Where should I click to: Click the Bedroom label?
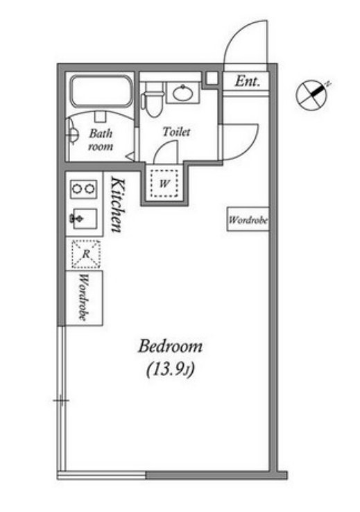coord(170,346)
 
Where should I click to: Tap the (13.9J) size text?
coord(170,370)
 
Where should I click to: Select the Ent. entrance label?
coord(248,81)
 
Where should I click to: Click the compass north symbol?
coord(312,94)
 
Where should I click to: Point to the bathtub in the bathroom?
coord(101,92)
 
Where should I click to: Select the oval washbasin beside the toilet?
coord(182,93)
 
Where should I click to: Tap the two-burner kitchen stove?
coord(84,189)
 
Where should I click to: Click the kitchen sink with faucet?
coord(84,219)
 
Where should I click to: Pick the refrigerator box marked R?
coord(86,254)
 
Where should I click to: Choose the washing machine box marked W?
coord(164,184)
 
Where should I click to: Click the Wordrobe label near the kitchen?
coord(84,298)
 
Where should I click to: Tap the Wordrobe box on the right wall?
coord(248,219)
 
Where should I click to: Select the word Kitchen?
coord(117,205)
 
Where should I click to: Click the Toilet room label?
coord(176,132)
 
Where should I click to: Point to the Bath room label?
coord(101,139)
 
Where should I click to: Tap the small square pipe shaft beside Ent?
coord(212,78)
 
